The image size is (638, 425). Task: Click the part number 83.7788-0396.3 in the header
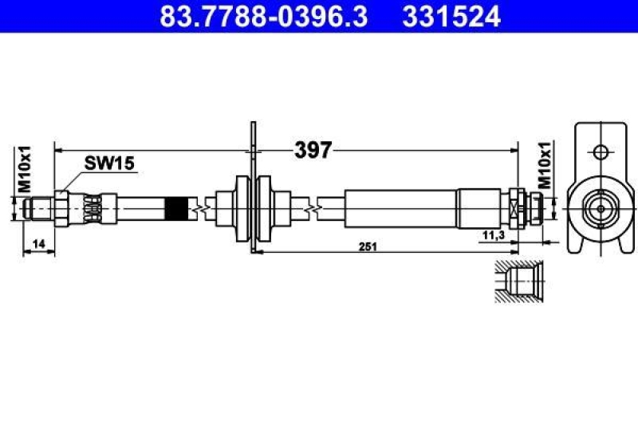click(x=263, y=16)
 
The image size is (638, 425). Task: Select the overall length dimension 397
click(x=313, y=149)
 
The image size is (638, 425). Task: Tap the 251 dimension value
click(x=367, y=247)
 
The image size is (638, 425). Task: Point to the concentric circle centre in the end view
click(x=598, y=209)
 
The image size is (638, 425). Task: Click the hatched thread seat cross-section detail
click(x=518, y=282)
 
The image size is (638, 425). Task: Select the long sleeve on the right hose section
click(x=401, y=209)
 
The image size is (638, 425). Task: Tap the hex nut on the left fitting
click(x=64, y=209)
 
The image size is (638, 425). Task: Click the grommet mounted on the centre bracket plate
click(x=253, y=209)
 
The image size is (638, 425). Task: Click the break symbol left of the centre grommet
click(x=206, y=209)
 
